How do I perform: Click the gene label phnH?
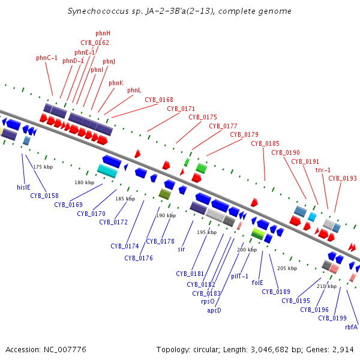pyautogui.click(x=103, y=33)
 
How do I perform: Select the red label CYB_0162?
pyautogui.click(x=95, y=43)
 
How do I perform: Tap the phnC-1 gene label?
pyautogui.click(x=47, y=58)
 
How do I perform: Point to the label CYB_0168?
pyautogui.click(x=159, y=100)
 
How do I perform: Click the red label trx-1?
pyautogui.click(x=323, y=170)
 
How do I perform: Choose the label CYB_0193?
pyautogui.click(x=342, y=178)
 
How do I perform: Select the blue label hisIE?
pyautogui.click(x=23, y=187)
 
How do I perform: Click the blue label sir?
pyautogui.click(x=181, y=249)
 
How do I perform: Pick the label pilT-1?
pyautogui.click(x=240, y=276)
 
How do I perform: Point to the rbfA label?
pyautogui.click(x=351, y=327)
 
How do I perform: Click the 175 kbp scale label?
pyautogui.click(x=43, y=167)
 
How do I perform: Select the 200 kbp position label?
pyautogui.click(x=247, y=250)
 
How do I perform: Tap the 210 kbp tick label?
pyautogui.click(x=326, y=286)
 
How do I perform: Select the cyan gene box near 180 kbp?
pyautogui.click(x=107, y=171)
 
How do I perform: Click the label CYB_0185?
pyautogui.click(x=265, y=143)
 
